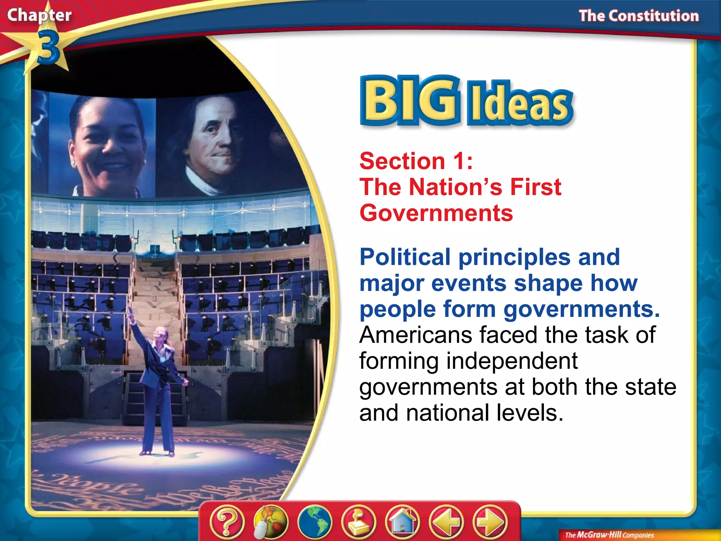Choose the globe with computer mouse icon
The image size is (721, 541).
pyautogui.click(x=270, y=522)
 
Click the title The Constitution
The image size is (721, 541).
pyautogui.click(x=639, y=16)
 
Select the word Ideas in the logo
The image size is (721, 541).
pyautogui.click(x=520, y=105)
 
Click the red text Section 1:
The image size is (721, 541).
pyautogui.click(x=416, y=161)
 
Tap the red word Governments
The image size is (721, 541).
pyautogui.click(x=436, y=213)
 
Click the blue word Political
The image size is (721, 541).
pyautogui.click(x=405, y=257)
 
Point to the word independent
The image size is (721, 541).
pyautogui.click(x=512, y=361)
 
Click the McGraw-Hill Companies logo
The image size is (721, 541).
pyautogui.click(x=609, y=535)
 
